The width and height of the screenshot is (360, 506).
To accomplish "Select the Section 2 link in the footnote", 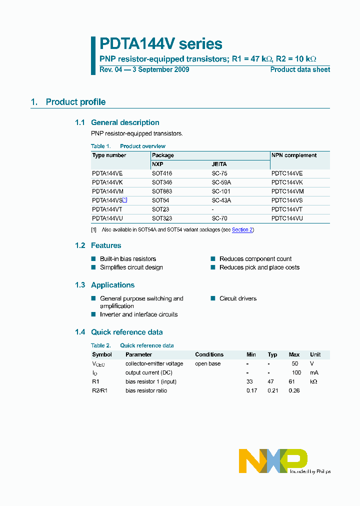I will coord(242,229).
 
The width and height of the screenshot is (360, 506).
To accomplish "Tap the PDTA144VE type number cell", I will coord(107,173).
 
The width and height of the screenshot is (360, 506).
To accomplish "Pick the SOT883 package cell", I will coord(162,191).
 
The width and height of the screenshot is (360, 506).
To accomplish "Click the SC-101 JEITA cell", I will coord(221,191).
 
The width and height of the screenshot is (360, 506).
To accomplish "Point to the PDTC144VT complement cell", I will coord(287,209).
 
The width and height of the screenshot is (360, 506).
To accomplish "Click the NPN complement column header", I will coord(294,155).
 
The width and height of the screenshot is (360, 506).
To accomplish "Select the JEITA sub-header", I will coord(219,164).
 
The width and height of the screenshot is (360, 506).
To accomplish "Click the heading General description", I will coord(125,122).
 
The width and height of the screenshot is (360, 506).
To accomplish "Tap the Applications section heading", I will coord(112,285).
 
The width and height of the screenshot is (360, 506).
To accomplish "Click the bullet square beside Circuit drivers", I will coord(212,298).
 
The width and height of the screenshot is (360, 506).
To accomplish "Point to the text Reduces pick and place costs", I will coord(259,267).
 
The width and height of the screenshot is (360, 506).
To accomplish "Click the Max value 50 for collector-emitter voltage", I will coord(294,363).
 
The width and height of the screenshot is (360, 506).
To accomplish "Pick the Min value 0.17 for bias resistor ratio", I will coord(251,390).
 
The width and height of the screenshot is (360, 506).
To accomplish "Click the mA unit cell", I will coord(313,372).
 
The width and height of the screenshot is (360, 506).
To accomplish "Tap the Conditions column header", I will coord(209,354).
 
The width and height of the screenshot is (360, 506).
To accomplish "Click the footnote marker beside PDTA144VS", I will coord(125,199).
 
